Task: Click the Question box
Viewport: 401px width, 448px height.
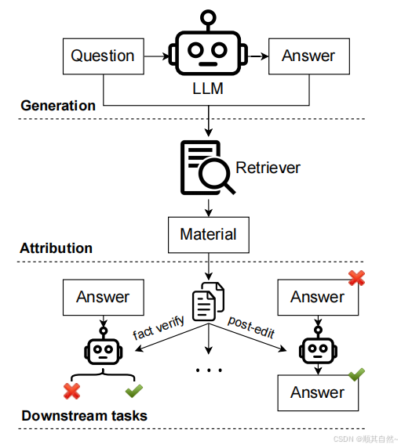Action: coord(104,56)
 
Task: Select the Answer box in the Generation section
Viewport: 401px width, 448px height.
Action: coord(309,56)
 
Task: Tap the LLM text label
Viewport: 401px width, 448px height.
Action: coord(208,89)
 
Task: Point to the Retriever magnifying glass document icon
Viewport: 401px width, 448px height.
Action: coord(207,168)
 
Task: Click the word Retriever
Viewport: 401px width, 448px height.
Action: coord(268,168)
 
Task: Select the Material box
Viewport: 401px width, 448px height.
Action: coord(209,235)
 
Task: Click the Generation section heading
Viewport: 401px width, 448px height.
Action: coord(58,106)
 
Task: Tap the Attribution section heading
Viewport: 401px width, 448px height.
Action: coord(56,248)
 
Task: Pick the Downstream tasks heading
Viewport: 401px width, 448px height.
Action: coord(85,416)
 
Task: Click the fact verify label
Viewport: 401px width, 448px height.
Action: coord(159,327)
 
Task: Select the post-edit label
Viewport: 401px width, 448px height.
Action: coord(251,327)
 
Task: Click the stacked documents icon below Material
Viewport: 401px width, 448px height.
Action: coord(209,301)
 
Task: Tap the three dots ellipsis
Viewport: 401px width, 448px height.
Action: coord(209,370)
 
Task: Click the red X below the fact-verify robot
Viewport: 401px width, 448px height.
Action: coord(72,391)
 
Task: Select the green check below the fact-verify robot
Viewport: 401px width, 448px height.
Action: coord(134,391)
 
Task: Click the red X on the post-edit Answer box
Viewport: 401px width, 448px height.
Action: coord(356,278)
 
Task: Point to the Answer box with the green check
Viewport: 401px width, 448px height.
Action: coord(318,393)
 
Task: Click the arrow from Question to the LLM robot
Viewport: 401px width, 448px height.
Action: coord(157,56)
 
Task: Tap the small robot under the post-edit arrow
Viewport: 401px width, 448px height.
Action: coord(318,346)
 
